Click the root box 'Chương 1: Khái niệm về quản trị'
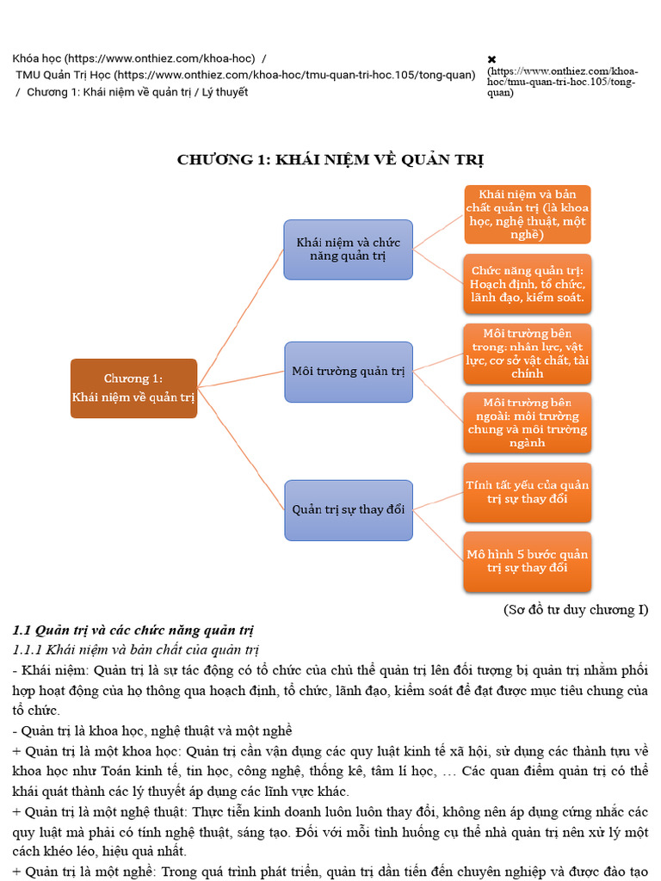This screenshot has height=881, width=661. pos(133,388)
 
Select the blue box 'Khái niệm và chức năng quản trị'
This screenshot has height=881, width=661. pos(348,250)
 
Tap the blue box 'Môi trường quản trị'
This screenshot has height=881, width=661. pos(348,372)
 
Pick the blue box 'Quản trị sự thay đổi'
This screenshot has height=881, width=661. pos(348,509)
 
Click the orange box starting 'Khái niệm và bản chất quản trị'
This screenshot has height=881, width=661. pos(527,214)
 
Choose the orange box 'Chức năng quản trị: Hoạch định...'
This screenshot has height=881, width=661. pos(527,283)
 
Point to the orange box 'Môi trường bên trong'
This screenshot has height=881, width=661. pos(527,353)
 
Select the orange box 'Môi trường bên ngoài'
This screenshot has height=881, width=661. pos(527,422)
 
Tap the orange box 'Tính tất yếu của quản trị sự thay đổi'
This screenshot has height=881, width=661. pos(527,492)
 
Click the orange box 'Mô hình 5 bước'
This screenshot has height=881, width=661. pos(527,561)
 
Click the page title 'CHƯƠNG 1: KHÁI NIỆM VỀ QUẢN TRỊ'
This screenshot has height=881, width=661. pos(330,160)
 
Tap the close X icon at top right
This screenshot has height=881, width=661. pos(491,59)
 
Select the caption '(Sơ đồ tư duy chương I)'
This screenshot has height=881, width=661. pos(575,610)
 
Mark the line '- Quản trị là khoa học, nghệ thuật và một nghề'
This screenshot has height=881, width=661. pos(152,730)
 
